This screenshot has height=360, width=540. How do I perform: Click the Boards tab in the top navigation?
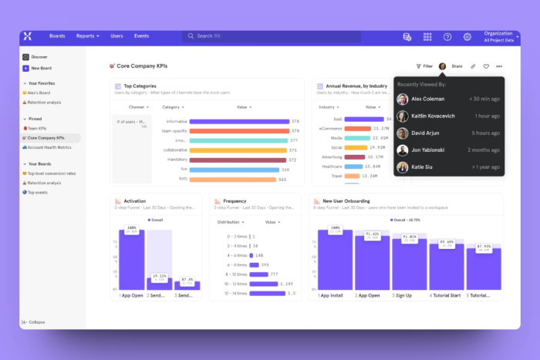[57, 36]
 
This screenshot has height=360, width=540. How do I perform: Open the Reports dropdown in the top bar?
[87, 36]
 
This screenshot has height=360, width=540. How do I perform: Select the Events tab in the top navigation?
[141, 36]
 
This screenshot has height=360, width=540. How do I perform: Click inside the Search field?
[270, 36]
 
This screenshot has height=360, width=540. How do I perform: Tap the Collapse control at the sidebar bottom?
[34, 321]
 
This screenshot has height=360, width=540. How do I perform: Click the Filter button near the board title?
[424, 66]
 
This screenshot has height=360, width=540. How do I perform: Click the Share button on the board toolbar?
[457, 66]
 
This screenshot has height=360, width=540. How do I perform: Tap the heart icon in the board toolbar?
[486, 66]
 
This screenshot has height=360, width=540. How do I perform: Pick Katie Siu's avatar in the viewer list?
[403, 167]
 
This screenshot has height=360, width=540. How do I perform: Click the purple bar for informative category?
[238, 121]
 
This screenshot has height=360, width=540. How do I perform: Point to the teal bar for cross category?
[237, 140]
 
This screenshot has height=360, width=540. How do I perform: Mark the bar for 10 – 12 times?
[254, 283]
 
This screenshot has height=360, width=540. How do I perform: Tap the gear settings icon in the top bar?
[467, 36]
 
